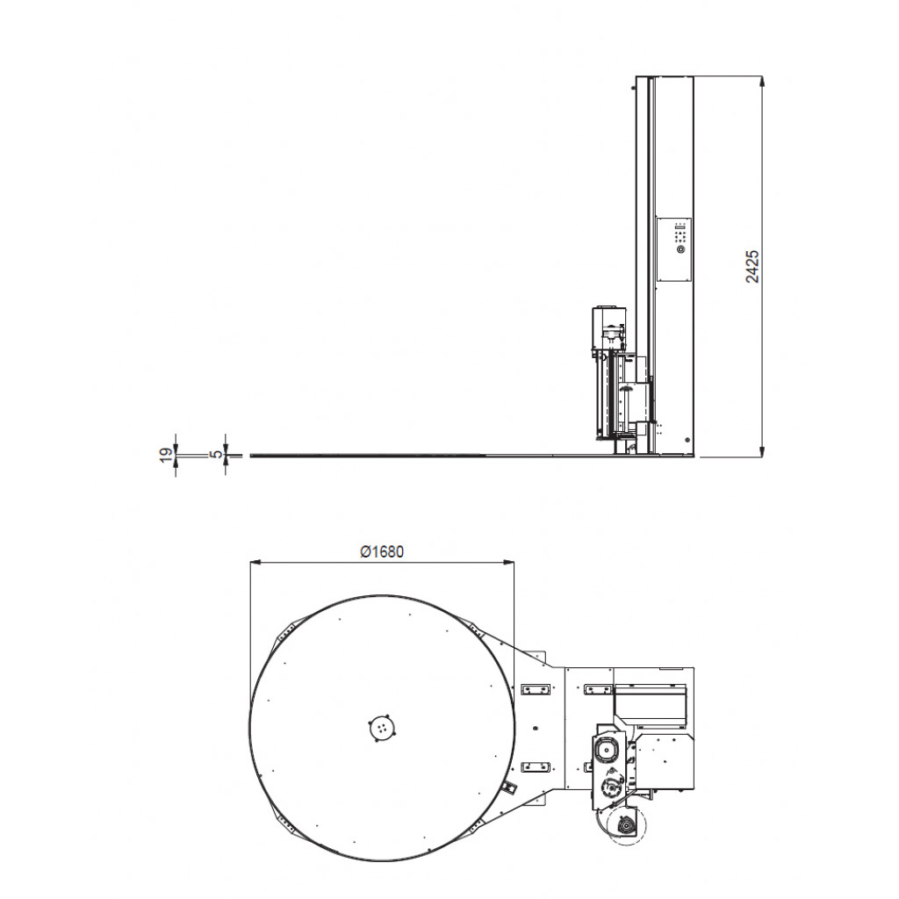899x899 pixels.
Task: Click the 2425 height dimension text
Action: pyautogui.click(x=752, y=266)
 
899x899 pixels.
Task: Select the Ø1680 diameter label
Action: pyautogui.click(x=382, y=551)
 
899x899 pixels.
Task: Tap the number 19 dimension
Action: pyautogui.click(x=166, y=454)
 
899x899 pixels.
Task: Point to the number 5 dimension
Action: pyautogui.click(x=216, y=454)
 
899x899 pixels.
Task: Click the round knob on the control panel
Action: pyautogui.click(x=680, y=249)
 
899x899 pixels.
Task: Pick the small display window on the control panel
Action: pyautogui.click(x=680, y=228)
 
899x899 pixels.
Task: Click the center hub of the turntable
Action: pyautogui.click(x=382, y=728)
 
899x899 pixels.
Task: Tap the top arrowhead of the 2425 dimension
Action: pyautogui.click(x=761, y=82)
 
